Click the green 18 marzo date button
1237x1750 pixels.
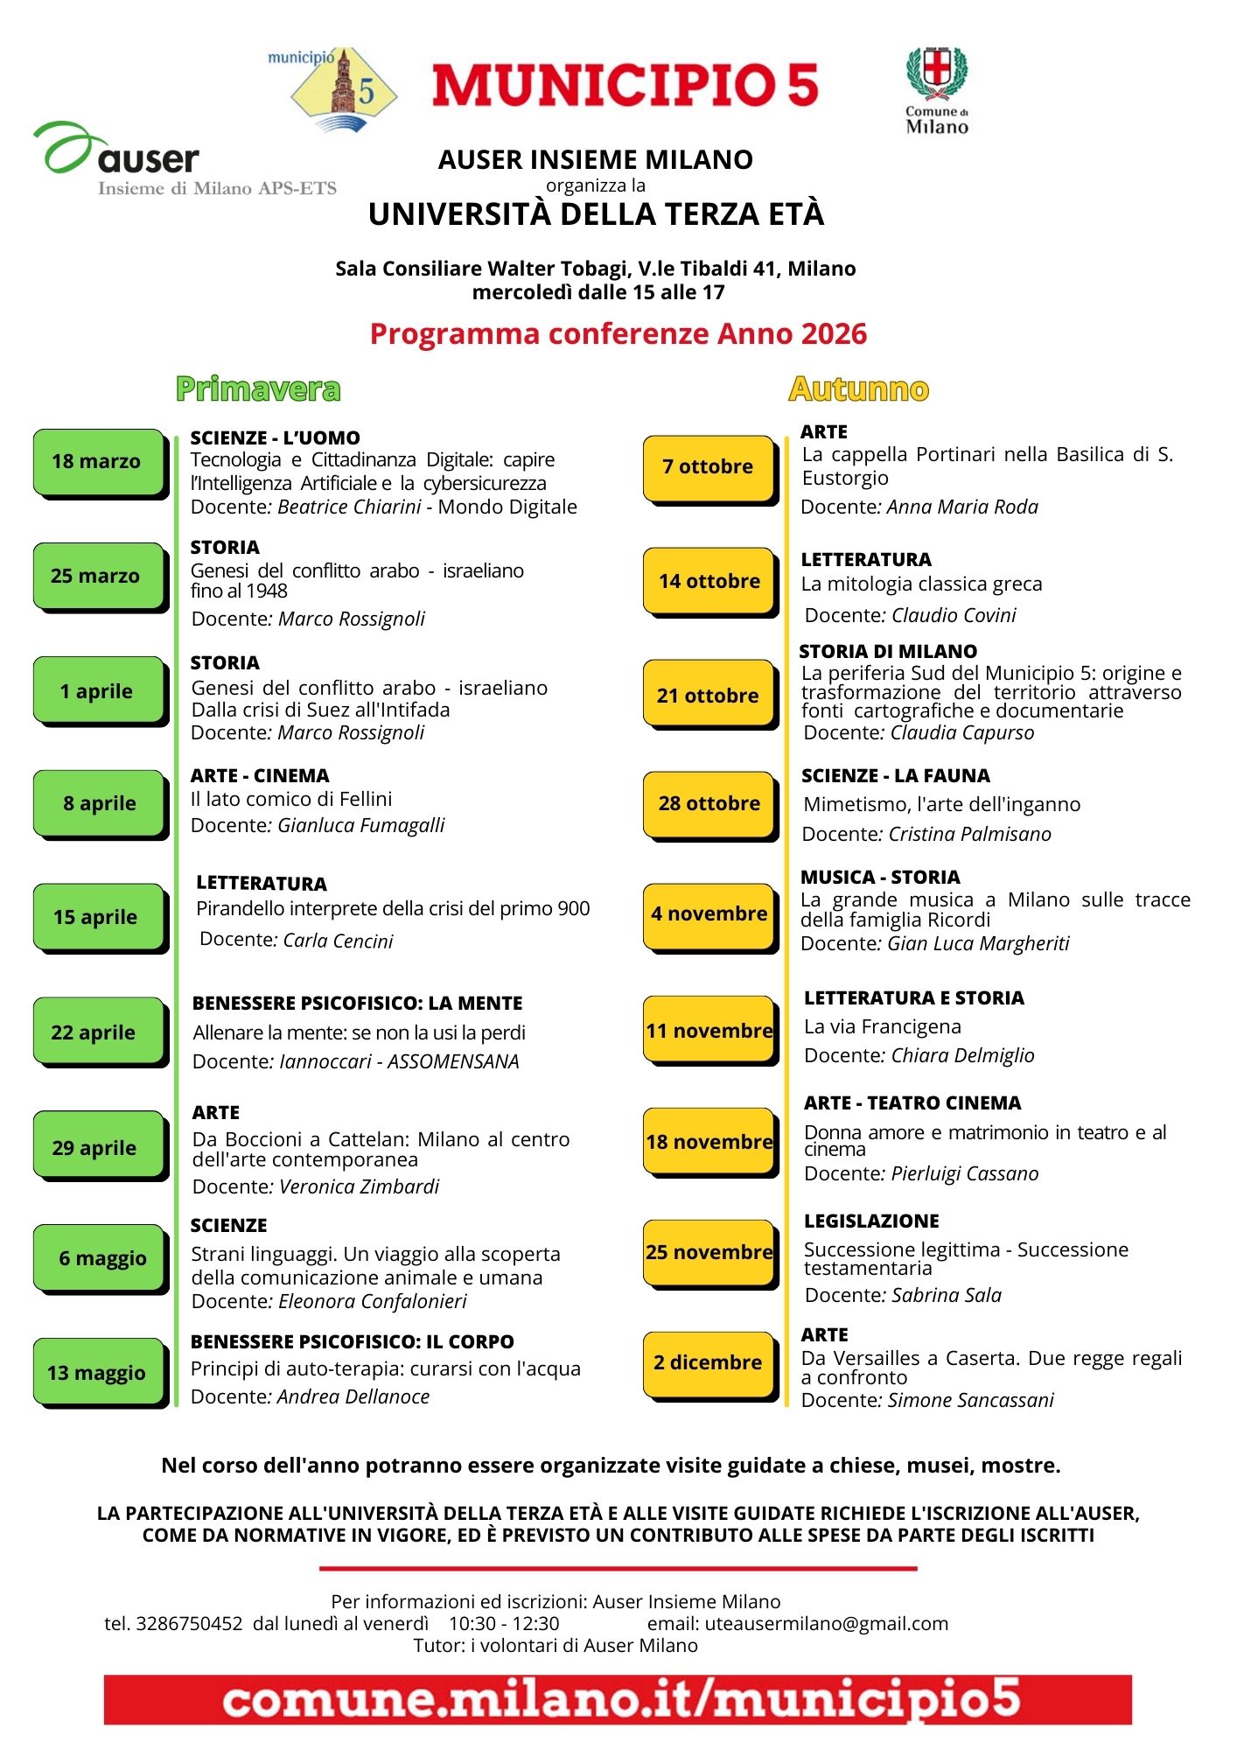pyautogui.click(x=98, y=462)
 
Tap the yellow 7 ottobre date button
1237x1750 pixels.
pyautogui.click(x=709, y=467)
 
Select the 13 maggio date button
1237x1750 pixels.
pyautogui.click(x=98, y=1372)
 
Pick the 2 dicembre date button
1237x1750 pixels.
pyautogui.click(x=709, y=1362)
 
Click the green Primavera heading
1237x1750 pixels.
pyautogui.click(x=258, y=389)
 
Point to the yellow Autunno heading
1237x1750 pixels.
pyautogui.click(x=858, y=389)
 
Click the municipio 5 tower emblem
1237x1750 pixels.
pyautogui.click(x=344, y=90)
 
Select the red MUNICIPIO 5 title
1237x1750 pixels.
pyautogui.click(x=625, y=86)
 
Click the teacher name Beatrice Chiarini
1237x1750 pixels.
pyautogui.click(x=349, y=507)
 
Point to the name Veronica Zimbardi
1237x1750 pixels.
pyautogui.click(x=359, y=1187)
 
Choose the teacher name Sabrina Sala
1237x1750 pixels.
pyautogui.click(x=946, y=1296)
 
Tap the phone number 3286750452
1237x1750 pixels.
pyautogui.click(x=189, y=1624)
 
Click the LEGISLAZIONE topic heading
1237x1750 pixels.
pyautogui.click(x=871, y=1221)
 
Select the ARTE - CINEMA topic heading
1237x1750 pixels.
pyautogui.click(x=260, y=776)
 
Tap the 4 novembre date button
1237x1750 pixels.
pyautogui.click(x=709, y=914)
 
